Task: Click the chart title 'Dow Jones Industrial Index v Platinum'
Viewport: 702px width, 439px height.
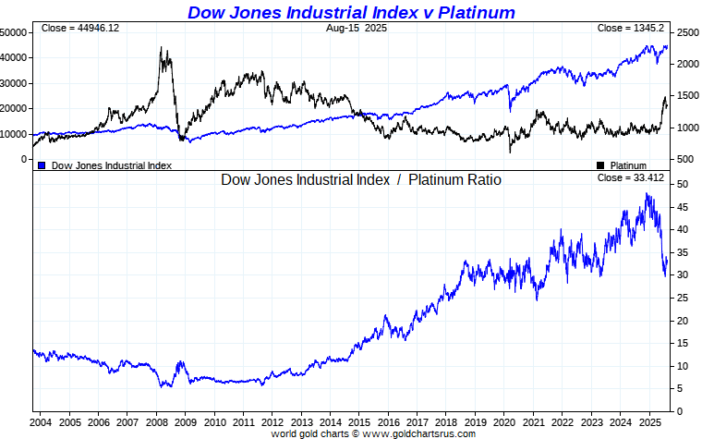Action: tap(351, 12)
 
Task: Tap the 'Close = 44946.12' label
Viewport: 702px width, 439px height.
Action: tap(80, 29)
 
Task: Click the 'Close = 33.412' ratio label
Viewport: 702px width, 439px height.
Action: tap(632, 177)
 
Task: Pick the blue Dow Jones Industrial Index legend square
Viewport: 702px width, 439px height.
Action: tap(42, 165)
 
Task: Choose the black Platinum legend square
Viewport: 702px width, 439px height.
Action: tap(600, 165)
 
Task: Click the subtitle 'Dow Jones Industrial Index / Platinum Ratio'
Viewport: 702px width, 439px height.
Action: tap(361, 180)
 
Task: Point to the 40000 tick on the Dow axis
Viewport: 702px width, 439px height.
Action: tap(13, 57)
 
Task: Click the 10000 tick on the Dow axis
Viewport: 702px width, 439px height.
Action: tap(13, 134)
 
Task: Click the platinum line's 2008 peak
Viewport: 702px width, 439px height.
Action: tap(161, 48)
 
